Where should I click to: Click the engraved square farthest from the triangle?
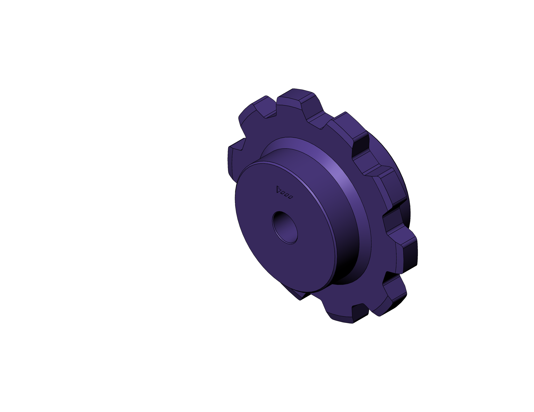291,198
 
